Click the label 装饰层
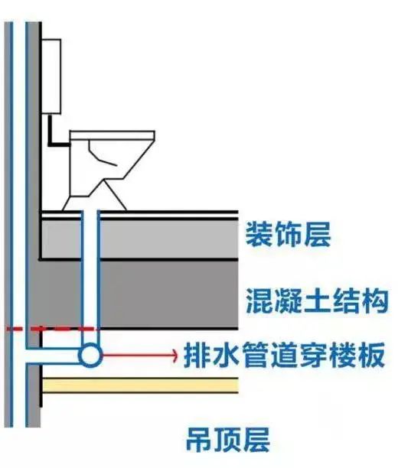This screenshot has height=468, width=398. pos(288,234)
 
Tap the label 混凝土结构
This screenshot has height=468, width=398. pos(317,301)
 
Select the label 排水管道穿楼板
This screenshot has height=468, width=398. pos(284,355)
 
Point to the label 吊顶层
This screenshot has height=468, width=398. pos(228,440)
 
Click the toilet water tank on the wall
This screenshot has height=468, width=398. pos(51,76)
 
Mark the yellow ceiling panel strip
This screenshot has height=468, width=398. pos(140,385)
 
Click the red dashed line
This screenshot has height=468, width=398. pos(53,329)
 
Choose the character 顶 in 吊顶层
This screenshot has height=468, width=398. pos(228,440)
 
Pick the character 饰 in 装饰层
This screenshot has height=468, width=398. pos(288,234)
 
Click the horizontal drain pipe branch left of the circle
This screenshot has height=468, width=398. pos(53,355)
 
